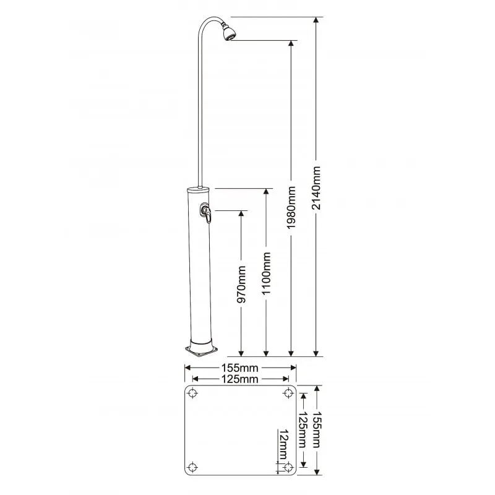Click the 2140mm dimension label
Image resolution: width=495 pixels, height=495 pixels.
tap(316, 188)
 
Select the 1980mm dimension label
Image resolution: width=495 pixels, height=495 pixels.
tap(291, 207)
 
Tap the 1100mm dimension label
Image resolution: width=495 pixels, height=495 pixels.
tap(266, 273)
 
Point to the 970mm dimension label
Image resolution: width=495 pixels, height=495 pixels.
tap(241, 285)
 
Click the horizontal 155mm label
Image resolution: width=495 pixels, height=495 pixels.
tap(239, 368)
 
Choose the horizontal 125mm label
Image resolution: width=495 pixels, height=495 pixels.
tap(239, 379)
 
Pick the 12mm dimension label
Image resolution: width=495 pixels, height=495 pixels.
tap(283, 444)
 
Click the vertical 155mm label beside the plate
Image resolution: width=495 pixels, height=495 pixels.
tap(317, 429)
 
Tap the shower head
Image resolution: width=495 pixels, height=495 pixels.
tap(229, 33)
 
